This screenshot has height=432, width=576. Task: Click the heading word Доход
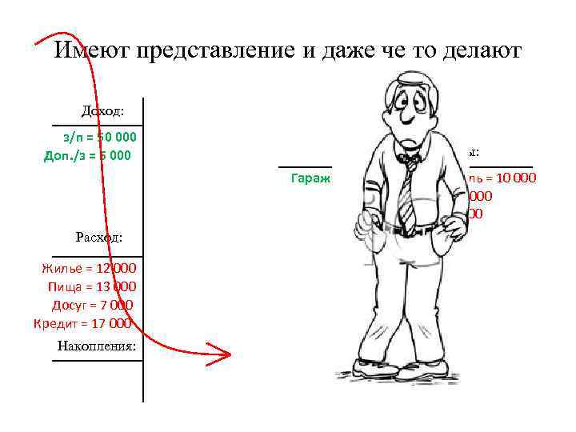click(x=107, y=111)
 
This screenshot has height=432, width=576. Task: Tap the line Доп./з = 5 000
click(x=89, y=154)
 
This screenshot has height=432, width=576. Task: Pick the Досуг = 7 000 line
click(x=93, y=305)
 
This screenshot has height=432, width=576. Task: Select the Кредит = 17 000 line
click(x=82, y=323)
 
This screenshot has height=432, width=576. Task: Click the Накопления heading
click(x=96, y=346)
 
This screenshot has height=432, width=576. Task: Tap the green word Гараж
click(x=311, y=178)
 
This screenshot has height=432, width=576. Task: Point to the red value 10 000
click(x=515, y=178)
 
